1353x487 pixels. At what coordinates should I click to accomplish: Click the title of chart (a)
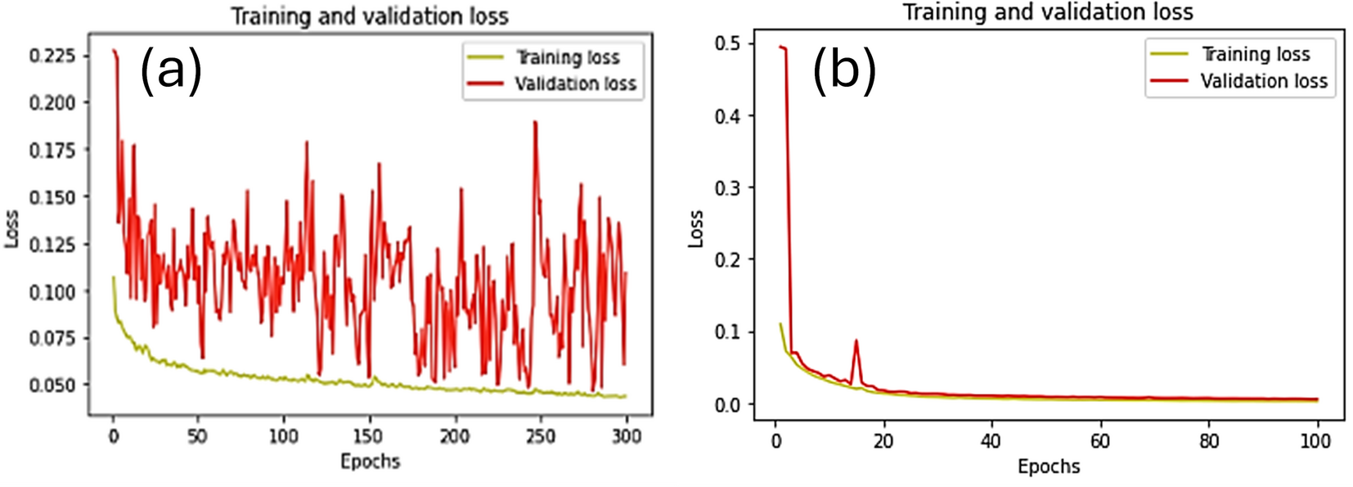coord(370,16)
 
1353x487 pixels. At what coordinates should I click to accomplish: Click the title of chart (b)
coord(1047,12)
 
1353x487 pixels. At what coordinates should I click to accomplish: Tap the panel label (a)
coord(171,70)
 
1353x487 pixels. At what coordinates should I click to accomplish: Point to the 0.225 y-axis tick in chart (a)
coord(52,56)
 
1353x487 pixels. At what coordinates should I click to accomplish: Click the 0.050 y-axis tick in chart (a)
coord(52,385)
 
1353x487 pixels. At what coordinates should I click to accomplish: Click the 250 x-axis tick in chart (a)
coord(540,436)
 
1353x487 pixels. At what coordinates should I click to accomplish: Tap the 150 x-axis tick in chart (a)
coord(369,436)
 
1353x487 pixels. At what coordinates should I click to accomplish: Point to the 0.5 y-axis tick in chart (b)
coord(727,43)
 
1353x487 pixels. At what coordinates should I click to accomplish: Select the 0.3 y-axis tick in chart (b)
coord(727,188)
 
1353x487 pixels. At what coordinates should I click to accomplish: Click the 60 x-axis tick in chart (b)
coord(1100,441)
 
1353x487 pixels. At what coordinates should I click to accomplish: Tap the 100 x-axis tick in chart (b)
coord(1315,441)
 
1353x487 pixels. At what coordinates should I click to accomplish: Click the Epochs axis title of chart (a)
coord(370,462)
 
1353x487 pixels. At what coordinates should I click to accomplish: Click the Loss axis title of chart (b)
coord(696,228)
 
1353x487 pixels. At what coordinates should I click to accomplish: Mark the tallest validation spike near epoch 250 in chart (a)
coord(535,123)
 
